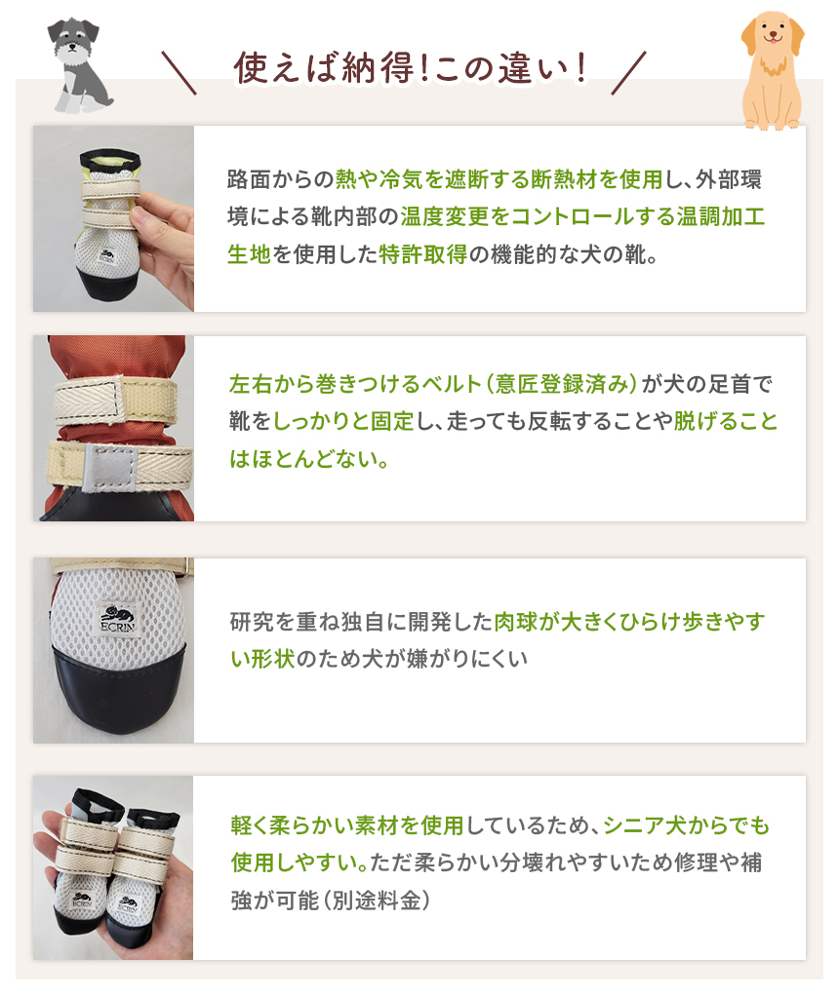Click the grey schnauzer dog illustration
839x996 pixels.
(79, 65)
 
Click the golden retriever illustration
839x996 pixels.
(773, 70)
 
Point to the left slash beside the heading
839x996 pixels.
(179, 73)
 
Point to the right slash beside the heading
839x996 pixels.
(628, 73)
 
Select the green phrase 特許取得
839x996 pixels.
(423, 254)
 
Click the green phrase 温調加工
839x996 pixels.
(720, 216)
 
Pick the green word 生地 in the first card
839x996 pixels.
(250, 254)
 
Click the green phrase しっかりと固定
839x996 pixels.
(343, 421)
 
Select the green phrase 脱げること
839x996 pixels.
(725, 421)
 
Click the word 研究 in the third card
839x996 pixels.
(252, 621)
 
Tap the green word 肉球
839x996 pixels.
(516, 621)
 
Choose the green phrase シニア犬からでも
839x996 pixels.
(687, 825)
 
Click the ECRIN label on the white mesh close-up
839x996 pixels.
(117, 619)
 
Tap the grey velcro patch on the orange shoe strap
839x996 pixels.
(109, 467)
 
